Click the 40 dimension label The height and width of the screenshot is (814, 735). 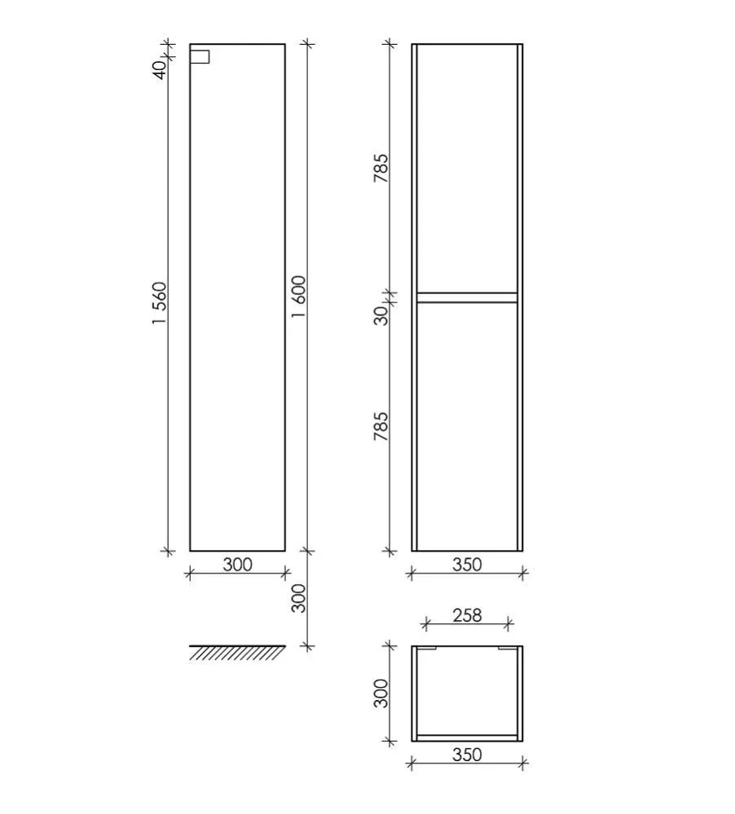click(161, 69)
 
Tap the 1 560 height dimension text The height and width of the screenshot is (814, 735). click(161, 303)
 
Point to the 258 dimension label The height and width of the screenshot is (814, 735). click(467, 615)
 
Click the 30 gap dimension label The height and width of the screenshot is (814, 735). click(381, 315)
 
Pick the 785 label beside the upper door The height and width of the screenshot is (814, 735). click(381, 168)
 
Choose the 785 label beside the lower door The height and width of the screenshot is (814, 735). click(381, 426)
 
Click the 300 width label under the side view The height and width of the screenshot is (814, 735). click(237, 565)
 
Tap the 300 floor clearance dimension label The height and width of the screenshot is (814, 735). click(299, 598)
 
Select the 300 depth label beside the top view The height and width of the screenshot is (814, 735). click(381, 693)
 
